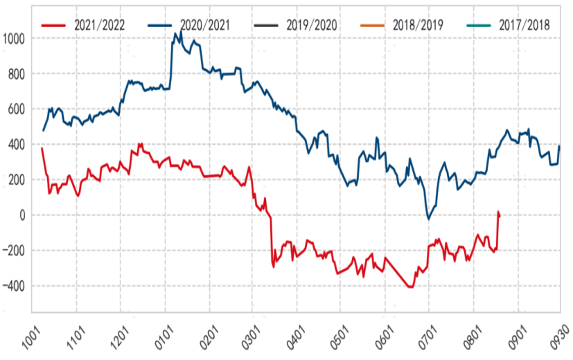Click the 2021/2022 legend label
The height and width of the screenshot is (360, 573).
100,25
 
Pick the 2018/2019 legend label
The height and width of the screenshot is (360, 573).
419,25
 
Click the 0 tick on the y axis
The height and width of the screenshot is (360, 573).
23,215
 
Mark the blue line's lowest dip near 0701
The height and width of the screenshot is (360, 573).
428,219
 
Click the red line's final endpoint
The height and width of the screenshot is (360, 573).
500,215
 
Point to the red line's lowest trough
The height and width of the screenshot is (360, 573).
411,287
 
